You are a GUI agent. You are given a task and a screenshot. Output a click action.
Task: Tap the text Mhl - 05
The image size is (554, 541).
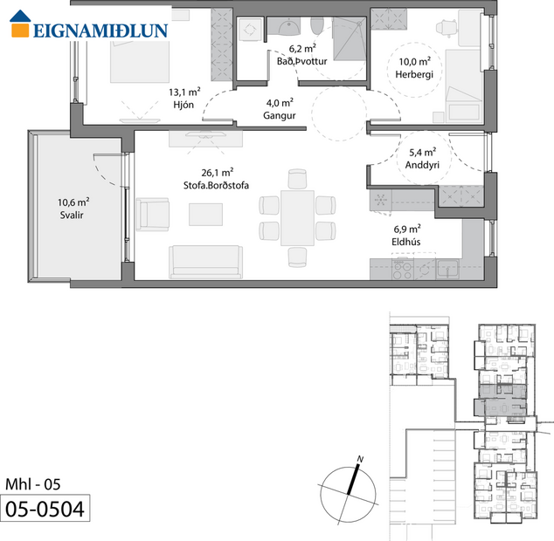coord(33,483)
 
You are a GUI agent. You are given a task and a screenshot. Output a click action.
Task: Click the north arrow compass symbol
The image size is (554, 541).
coord(350,487)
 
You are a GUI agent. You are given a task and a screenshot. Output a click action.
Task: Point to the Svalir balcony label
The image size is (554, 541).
coord(72,214)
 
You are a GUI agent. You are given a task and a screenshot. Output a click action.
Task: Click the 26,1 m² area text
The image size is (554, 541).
coord(191,173)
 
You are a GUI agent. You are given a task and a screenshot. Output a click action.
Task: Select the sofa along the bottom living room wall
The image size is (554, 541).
coord(205,260)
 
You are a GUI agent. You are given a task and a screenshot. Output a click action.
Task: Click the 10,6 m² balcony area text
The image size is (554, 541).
coord(73,201)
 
